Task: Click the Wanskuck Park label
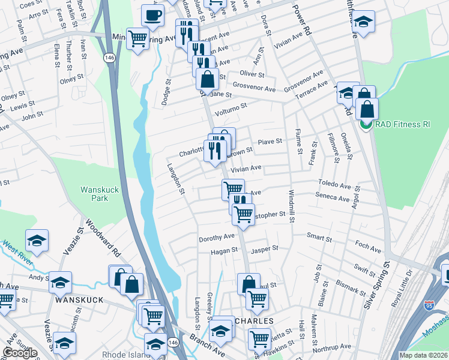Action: click(95, 193)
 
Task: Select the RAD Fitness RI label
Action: click(403, 125)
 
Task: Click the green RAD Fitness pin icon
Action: click(365, 125)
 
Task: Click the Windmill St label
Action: click(291, 207)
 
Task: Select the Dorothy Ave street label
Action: click(217, 238)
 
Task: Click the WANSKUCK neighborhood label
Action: click(80, 299)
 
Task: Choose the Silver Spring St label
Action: click(378, 284)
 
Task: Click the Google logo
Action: click(20, 353)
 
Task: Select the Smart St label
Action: click(319, 238)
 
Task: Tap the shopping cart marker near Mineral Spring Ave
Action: click(138, 39)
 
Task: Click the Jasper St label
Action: click(265, 248)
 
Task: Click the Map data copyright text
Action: click(423, 355)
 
